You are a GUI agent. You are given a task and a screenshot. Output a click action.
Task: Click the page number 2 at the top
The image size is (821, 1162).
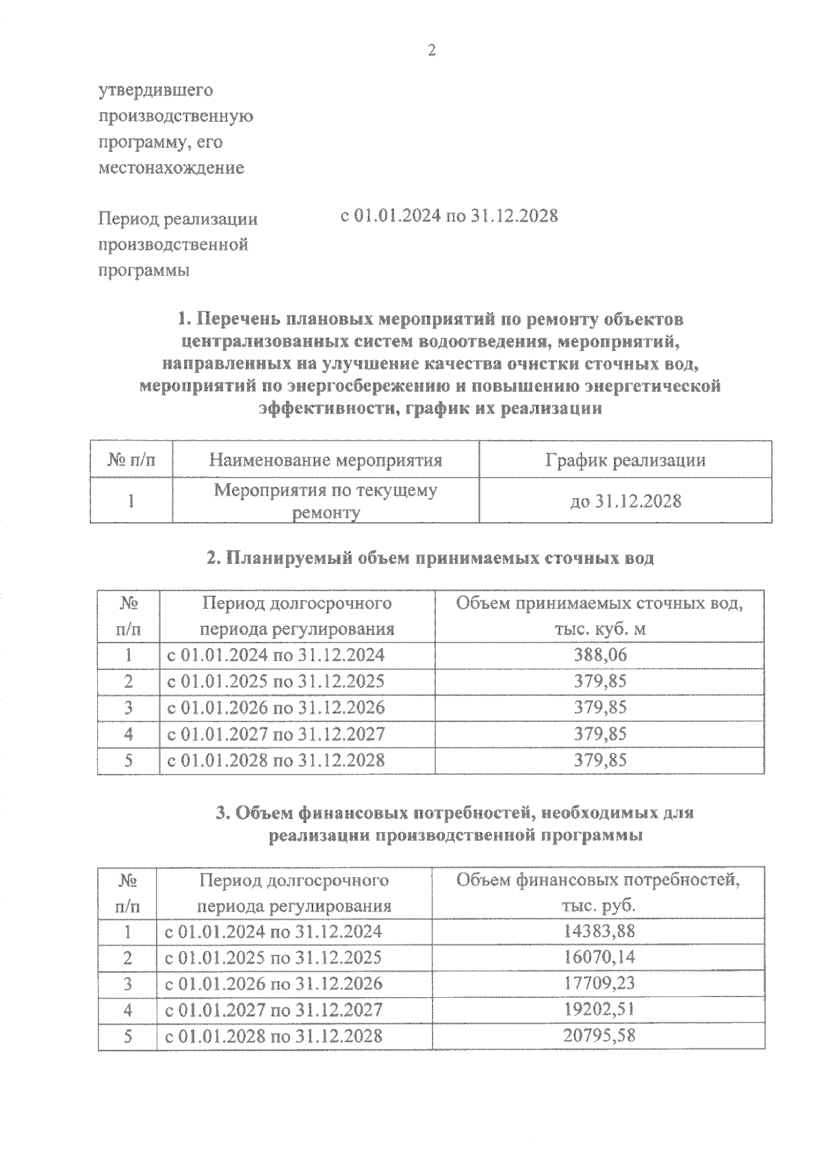(431, 51)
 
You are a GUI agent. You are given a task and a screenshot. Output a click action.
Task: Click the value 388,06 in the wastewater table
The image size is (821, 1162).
(600, 655)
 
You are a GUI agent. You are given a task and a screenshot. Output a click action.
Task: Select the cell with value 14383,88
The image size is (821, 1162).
(599, 931)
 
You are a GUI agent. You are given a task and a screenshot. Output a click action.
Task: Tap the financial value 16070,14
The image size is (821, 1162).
(599, 957)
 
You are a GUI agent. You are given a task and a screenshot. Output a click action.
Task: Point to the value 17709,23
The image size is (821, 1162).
(599, 983)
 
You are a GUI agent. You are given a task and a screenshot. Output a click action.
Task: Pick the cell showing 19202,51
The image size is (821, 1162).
(599, 1009)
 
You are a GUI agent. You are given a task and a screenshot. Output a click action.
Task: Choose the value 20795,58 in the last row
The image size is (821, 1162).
(599, 1035)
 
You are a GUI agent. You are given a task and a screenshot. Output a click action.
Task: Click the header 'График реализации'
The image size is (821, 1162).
(625, 460)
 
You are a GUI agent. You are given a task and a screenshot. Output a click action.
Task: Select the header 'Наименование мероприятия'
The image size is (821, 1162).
(325, 460)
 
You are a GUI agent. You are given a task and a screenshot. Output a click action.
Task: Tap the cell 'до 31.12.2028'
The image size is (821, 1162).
(625, 501)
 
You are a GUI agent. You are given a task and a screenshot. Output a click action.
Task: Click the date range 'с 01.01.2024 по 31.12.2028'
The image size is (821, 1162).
(449, 216)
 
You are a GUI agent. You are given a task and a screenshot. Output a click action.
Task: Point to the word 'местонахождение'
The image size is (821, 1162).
(171, 168)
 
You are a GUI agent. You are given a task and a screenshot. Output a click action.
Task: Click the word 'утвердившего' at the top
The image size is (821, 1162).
(156, 90)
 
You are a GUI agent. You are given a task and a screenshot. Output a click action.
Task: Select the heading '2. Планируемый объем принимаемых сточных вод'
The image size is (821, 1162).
(430, 558)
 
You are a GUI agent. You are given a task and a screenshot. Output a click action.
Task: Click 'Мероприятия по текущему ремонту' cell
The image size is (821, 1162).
(325, 501)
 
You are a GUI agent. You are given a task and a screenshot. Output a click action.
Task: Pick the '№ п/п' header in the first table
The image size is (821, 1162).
(131, 460)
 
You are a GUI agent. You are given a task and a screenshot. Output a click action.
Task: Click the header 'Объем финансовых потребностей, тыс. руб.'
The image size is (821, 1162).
(599, 892)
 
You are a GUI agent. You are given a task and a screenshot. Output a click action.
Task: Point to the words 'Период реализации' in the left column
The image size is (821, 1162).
(178, 219)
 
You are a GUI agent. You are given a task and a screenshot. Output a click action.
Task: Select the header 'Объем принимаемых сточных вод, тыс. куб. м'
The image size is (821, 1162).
(600, 616)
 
